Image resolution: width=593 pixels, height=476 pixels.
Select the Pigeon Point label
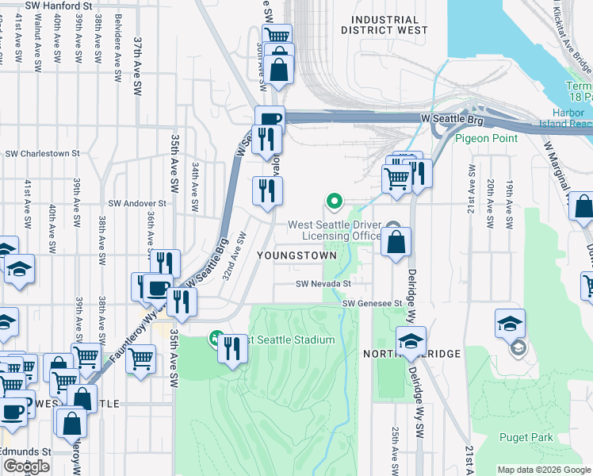coord(487,138)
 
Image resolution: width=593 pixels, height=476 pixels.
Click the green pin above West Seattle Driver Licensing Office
coord(335,202)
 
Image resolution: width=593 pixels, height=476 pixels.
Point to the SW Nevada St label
coord(323,283)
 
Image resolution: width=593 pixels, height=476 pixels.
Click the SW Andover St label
coord(137,203)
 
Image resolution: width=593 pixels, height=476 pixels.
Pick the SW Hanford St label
coord(59,6)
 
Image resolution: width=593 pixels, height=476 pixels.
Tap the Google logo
coord(26,466)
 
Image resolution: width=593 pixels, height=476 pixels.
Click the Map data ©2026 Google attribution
coord(544,470)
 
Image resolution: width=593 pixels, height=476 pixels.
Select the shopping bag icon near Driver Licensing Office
coord(396,242)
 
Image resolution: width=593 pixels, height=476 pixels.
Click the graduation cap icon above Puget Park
coord(510,322)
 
